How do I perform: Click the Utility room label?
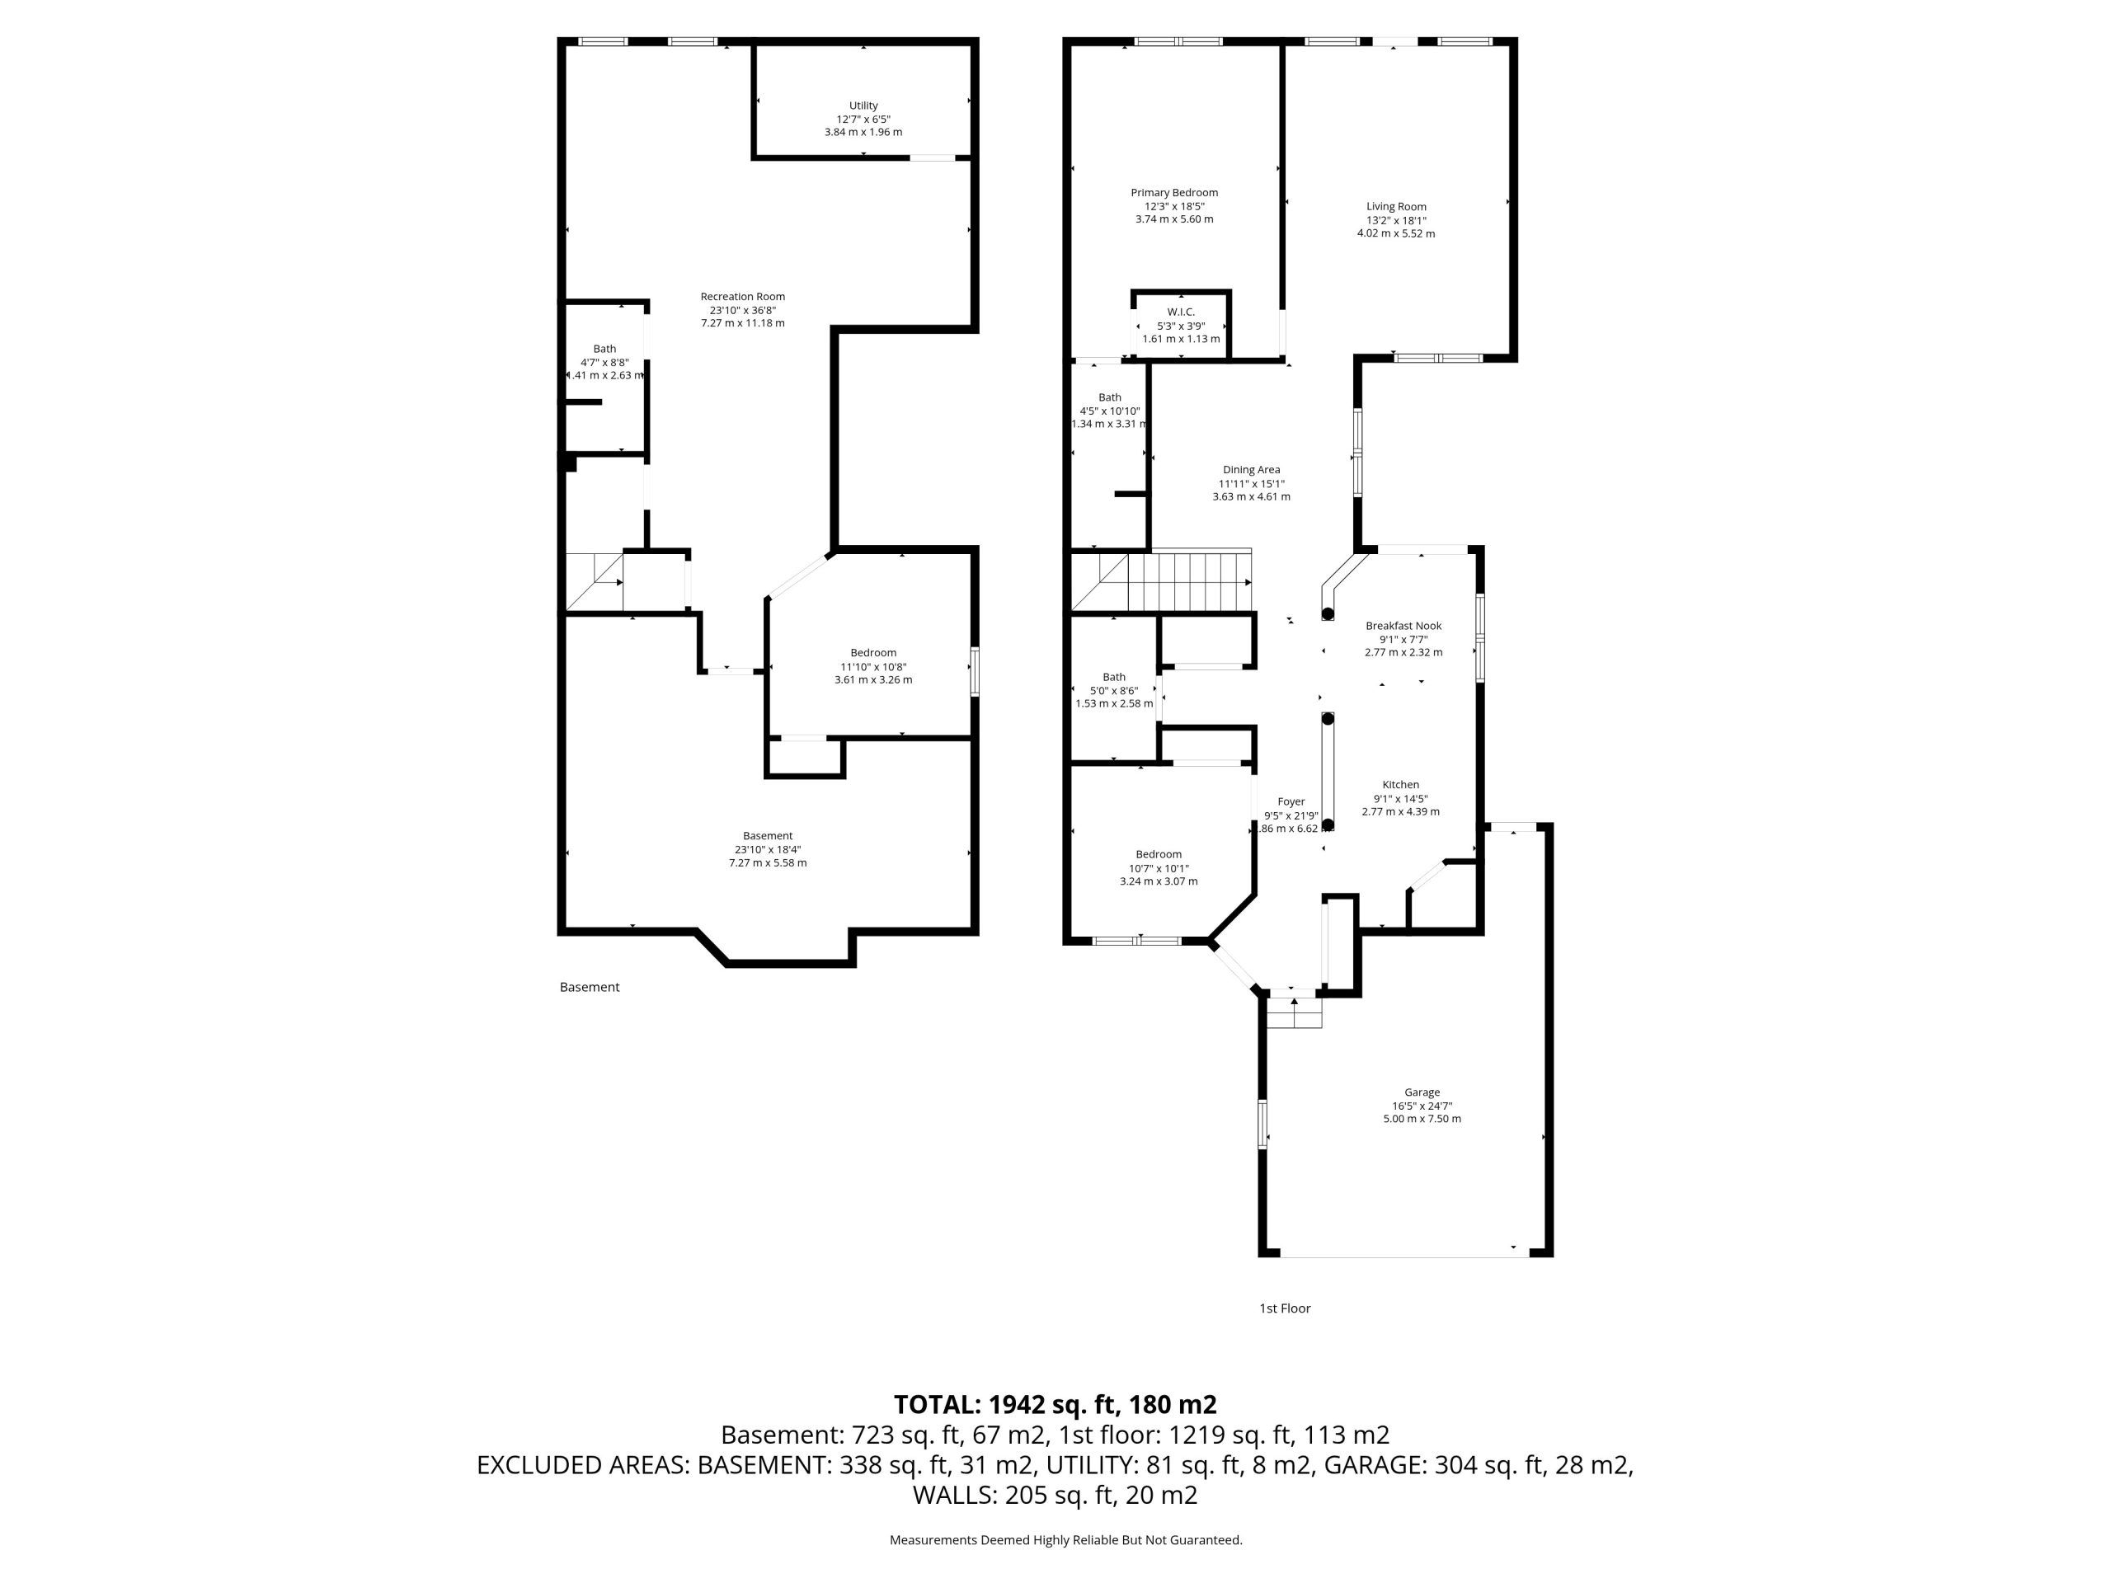pos(863,106)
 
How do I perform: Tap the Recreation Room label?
pos(742,297)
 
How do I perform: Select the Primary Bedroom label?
pos(1174,193)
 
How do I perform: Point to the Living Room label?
pos(1395,206)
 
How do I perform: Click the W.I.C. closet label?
pos(1181,312)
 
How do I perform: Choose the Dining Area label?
pos(1251,469)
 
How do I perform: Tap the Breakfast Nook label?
pos(1403,626)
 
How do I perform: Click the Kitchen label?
pos(1400,784)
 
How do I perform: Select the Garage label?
pos(1421,1092)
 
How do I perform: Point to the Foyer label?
pos(1291,801)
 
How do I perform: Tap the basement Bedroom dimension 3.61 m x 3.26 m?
pos(872,679)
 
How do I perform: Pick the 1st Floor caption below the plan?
pos(1285,1308)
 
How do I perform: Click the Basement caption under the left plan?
pos(589,987)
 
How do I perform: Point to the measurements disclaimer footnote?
pos(1066,1539)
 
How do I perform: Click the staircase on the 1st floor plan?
pos(1160,580)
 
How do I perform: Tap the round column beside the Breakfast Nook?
pos(1327,613)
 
